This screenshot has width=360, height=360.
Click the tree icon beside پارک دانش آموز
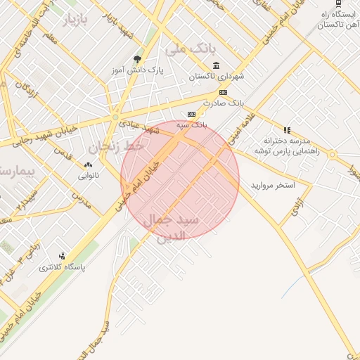[136, 60]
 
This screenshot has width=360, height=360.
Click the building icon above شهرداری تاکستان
[214, 65]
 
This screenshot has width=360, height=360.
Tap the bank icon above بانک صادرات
[223, 92]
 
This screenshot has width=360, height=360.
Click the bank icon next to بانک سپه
[191, 114]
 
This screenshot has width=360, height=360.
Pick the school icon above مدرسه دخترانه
[286, 129]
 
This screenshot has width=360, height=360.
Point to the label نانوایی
[89, 175]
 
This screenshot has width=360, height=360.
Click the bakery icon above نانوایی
[89, 165]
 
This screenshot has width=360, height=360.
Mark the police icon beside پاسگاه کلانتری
[63, 256]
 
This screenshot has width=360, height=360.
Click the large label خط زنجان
[115, 147]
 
